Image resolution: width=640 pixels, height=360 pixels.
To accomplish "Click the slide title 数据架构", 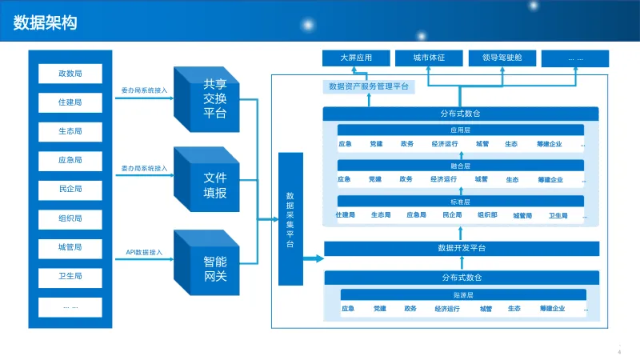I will point(46,23).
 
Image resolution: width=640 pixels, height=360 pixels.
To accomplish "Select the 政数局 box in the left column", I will point(70,74).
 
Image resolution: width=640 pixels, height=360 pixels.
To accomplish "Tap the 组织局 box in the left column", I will point(70,218).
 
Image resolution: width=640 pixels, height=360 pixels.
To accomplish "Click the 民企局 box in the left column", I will point(70,190).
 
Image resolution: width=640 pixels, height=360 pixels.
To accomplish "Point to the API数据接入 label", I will point(144,253).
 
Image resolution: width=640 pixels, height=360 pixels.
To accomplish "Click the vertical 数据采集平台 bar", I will point(290,220).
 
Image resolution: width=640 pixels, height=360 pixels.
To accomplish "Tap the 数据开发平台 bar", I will point(462,248).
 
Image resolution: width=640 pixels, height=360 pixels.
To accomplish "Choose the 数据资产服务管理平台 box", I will point(369,86).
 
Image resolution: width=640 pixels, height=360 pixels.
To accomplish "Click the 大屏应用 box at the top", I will point(355,58).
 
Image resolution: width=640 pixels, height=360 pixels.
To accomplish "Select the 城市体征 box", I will point(428,58).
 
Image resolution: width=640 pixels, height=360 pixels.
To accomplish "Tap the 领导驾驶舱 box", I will point(502,58).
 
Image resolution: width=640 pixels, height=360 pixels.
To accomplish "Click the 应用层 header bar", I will point(461,130).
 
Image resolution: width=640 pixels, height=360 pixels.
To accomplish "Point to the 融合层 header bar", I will point(461,166).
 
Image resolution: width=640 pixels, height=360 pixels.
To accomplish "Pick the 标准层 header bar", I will point(461,201).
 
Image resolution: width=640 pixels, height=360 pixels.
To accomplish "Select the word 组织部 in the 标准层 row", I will point(487,215).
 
